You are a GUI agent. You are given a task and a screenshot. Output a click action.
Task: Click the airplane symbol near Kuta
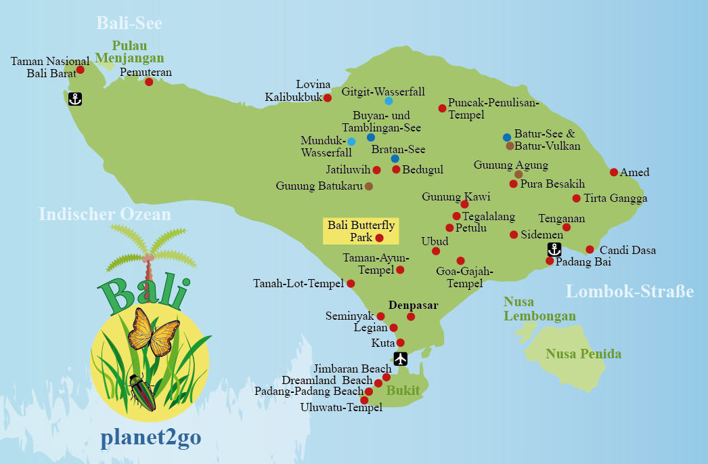click(401, 358)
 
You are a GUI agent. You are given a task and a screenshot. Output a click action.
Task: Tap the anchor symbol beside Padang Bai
click(554, 249)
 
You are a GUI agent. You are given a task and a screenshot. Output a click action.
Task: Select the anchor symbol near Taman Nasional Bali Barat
click(75, 99)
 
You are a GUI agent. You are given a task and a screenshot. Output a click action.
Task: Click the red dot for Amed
click(614, 172)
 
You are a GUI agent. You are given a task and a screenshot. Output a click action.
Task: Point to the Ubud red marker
click(436, 251)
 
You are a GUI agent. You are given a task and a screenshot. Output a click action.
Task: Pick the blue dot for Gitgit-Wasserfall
click(389, 101)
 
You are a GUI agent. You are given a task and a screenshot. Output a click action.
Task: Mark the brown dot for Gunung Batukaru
click(368, 186)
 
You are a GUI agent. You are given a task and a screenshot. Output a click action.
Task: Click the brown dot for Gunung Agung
click(518, 174)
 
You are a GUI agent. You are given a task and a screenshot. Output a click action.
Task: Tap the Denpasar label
click(414, 305)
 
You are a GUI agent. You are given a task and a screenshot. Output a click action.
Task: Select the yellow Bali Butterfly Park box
click(361, 231)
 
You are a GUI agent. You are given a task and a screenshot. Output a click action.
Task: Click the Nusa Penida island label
click(583, 354)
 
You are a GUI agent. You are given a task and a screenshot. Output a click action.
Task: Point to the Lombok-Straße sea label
click(629, 292)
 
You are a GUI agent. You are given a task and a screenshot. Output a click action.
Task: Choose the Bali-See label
click(129, 23)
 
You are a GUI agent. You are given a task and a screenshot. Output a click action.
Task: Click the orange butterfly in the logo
click(154, 332)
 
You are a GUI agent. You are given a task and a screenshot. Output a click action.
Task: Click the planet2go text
click(150, 438)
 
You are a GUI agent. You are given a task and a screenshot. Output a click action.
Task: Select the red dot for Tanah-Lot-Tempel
click(351, 283)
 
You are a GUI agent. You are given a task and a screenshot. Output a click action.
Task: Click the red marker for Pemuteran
click(149, 82)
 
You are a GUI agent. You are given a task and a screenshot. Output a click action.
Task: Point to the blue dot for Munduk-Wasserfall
click(351, 142)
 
